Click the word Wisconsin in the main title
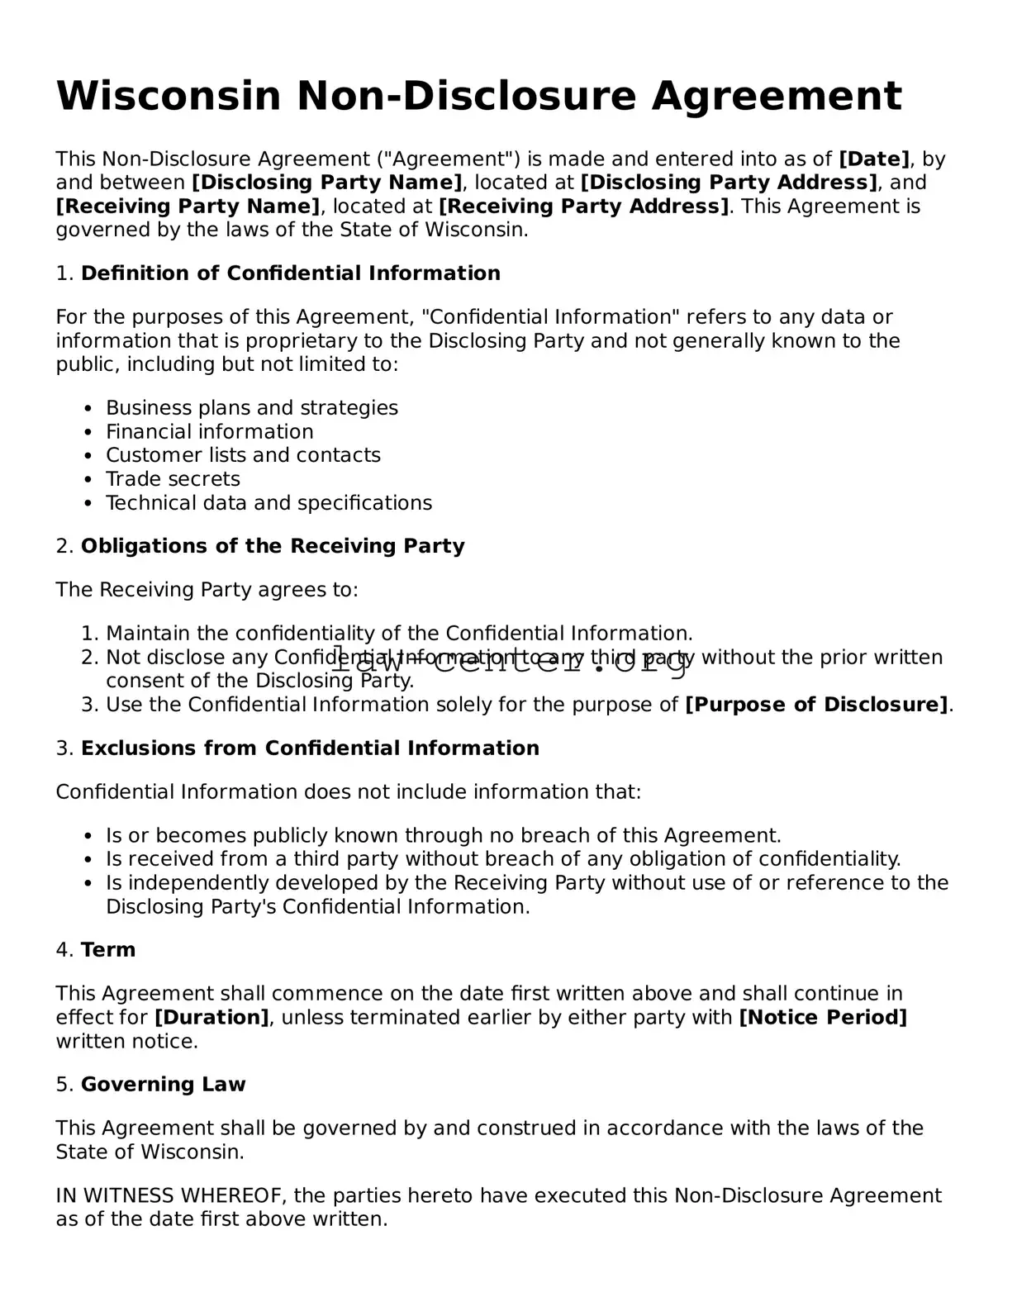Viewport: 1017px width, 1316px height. click(169, 96)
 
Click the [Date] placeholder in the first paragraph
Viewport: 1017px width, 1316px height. click(874, 159)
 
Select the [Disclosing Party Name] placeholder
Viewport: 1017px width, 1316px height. click(326, 183)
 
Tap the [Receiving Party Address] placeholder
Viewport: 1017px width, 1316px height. click(583, 206)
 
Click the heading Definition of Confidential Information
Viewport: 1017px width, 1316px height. click(290, 273)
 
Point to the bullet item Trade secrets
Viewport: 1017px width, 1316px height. click(173, 479)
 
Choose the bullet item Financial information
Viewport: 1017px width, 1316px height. click(209, 432)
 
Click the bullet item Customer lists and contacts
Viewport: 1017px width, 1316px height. click(243, 455)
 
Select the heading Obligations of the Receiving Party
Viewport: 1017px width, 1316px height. click(272, 546)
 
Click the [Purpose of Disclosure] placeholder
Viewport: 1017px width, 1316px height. click(816, 705)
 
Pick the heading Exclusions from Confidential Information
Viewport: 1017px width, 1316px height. click(309, 748)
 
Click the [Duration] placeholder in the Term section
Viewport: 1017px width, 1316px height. click(211, 1018)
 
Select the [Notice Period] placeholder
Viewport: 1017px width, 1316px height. click(822, 1018)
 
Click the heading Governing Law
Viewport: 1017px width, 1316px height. click(163, 1085)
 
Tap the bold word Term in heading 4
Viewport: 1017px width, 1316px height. click(108, 950)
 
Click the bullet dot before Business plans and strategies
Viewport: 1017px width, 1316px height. click(88, 409)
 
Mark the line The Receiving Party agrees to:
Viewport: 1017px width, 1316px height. click(207, 590)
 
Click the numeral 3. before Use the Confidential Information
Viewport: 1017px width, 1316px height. click(89, 705)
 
